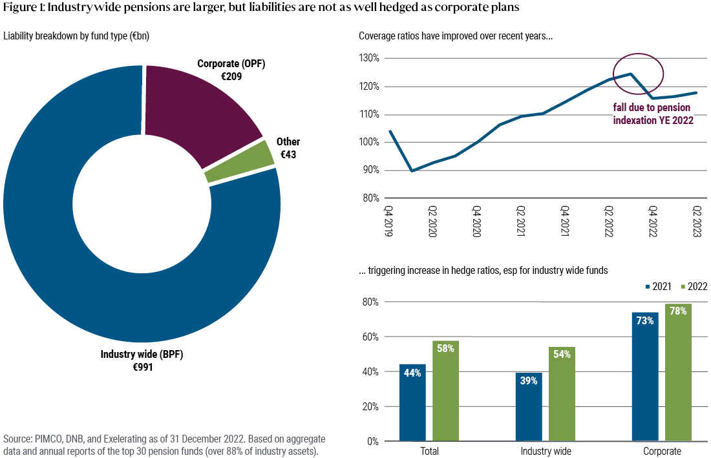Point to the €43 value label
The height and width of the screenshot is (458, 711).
(288, 155)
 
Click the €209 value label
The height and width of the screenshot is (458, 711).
(231, 76)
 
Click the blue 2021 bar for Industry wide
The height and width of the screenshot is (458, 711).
(529, 407)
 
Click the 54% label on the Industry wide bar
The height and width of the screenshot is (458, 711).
(562, 355)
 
